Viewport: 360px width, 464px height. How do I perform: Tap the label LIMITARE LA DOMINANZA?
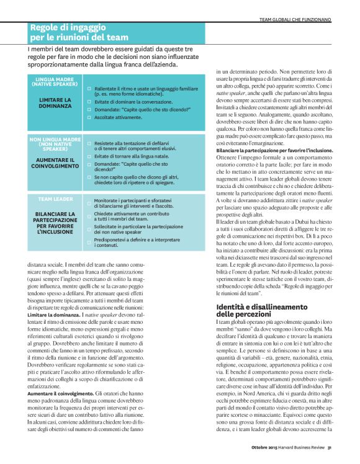(56, 102)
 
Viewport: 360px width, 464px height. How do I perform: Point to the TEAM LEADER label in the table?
(56, 200)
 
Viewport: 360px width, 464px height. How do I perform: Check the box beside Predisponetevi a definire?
(89, 238)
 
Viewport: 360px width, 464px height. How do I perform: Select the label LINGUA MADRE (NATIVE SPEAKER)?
(56, 83)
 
